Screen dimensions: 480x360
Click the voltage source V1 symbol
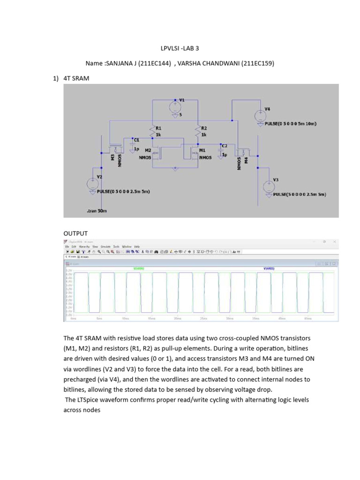tap(175, 107)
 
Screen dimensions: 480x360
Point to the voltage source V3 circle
tap(268, 186)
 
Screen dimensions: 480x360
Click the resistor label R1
tap(158, 127)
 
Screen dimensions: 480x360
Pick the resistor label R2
tap(203, 127)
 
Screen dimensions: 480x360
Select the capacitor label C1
tap(136, 140)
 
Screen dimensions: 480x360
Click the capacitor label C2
tap(225, 146)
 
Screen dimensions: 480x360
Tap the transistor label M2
tap(148, 150)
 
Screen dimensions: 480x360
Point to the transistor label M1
tap(202, 150)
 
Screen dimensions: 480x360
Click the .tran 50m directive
tap(97, 211)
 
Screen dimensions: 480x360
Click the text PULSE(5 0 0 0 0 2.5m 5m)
tap(300, 194)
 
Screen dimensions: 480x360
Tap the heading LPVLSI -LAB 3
tap(180, 48)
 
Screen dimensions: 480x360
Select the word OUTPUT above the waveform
tap(75, 233)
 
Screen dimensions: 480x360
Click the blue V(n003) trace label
tap(269, 269)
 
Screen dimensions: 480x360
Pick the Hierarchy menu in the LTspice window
tap(84, 246)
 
